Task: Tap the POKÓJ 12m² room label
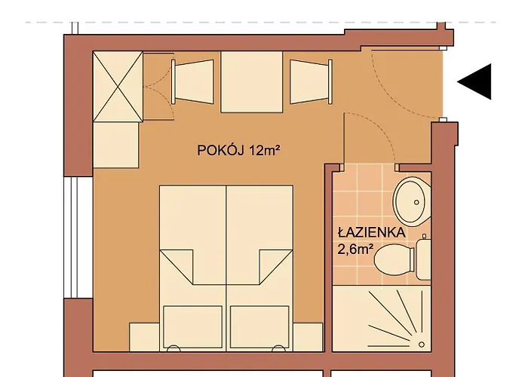pyautogui.click(x=238, y=151)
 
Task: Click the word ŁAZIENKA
pyautogui.click(x=371, y=232)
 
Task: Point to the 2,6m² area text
pyautogui.click(x=355, y=250)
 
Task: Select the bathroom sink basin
pyautogui.click(x=412, y=201)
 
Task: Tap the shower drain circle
pyautogui.click(x=422, y=345)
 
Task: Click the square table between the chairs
pyautogui.click(x=251, y=81)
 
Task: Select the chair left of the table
pyautogui.click(x=192, y=81)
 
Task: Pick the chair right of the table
pyautogui.click(x=311, y=81)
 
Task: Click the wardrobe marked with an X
pyautogui.click(x=118, y=86)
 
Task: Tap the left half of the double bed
pyautogui.click(x=193, y=268)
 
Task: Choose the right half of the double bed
pyautogui.click(x=259, y=268)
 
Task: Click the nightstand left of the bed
pyautogui.click(x=145, y=337)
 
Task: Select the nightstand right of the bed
pyautogui.click(x=308, y=337)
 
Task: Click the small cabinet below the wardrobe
pyautogui.click(x=116, y=145)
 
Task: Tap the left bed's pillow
pyautogui.click(x=192, y=326)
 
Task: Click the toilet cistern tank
pyautogui.click(x=423, y=259)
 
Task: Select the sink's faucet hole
pyautogui.click(x=416, y=202)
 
